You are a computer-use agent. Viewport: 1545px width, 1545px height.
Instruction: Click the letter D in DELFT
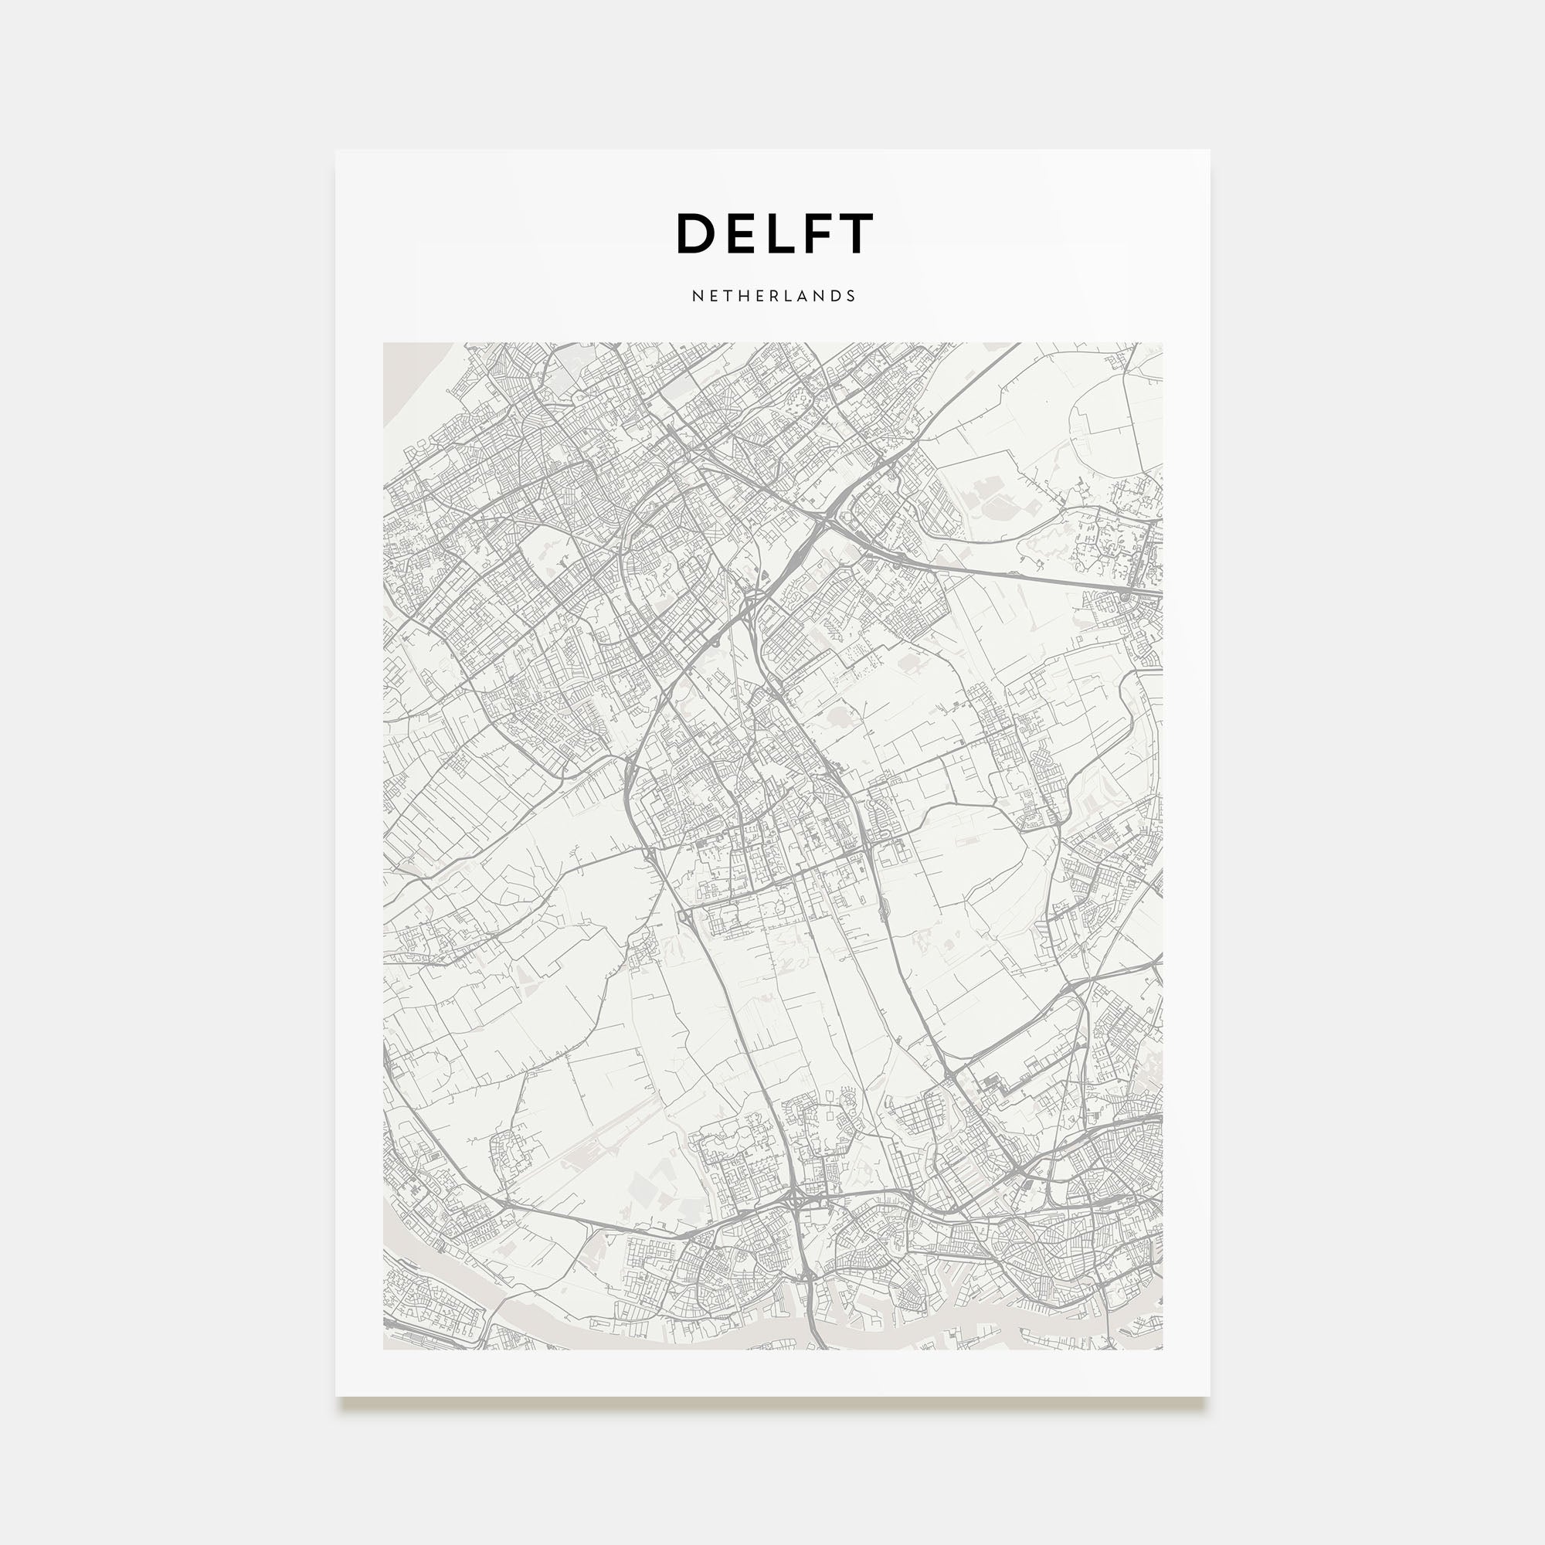pos(698,233)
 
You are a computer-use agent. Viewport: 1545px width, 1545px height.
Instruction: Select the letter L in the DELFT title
pos(779,233)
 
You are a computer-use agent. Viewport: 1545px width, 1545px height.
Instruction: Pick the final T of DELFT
pos(854,233)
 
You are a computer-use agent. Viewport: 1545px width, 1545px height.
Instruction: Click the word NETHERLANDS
pos(773,296)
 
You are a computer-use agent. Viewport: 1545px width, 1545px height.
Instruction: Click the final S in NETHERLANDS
pos(851,296)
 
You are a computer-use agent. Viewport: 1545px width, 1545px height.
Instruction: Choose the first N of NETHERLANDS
pos(697,296)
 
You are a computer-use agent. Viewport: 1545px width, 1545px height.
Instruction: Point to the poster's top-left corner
pos(336,151)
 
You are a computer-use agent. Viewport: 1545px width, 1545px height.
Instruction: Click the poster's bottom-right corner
pos(1209,1396)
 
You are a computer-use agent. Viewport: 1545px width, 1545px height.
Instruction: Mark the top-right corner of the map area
pos(1163,344)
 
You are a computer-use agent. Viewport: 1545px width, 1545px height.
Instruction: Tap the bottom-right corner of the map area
pos(1163,1350)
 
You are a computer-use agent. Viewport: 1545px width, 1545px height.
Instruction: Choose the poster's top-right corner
pos(1209,151)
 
